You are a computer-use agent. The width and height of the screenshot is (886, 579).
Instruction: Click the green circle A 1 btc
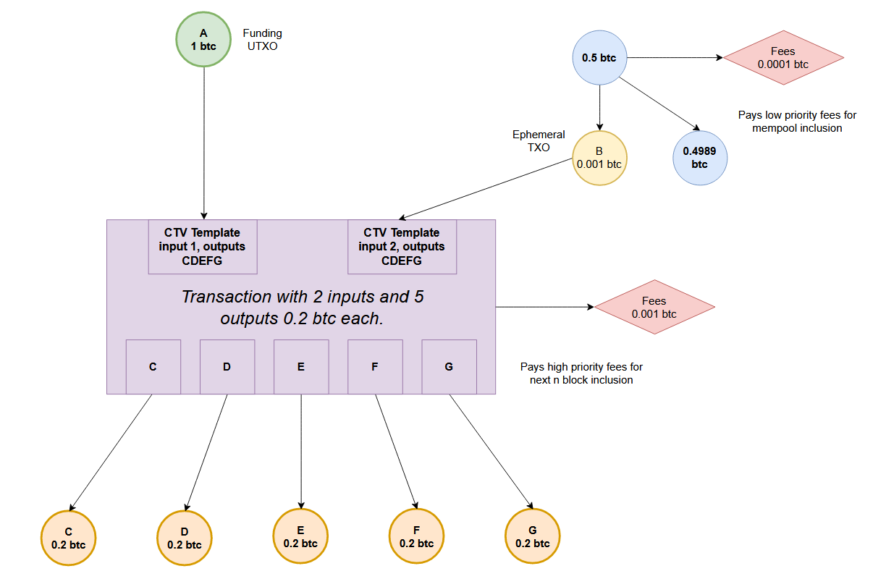point(203,39)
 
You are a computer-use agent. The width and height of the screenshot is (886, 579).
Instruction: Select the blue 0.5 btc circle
point(599,57)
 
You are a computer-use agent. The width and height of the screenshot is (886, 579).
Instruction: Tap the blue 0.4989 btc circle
point(699,158)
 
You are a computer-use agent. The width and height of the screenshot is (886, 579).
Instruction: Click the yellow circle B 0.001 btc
point(599,158)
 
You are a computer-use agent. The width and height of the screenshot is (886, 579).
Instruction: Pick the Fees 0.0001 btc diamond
point(783,58)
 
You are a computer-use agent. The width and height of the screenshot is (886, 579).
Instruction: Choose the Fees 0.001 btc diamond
point(654,307)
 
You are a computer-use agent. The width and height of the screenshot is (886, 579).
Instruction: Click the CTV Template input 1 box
point(203,247)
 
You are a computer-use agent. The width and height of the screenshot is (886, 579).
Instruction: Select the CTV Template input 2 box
point(402,247)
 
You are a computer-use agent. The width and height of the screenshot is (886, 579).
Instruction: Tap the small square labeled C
point(153,367)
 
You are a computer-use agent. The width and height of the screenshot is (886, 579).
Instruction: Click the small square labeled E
point(301,367)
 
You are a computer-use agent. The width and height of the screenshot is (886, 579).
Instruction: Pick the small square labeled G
point(449,367)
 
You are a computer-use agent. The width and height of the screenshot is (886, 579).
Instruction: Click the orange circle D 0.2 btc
point(185,538)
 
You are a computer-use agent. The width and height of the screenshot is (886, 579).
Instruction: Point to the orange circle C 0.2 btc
point(69,538)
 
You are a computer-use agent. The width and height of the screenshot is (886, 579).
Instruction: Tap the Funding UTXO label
point(262,39)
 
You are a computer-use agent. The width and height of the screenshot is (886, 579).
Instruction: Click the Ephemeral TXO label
point(539,140)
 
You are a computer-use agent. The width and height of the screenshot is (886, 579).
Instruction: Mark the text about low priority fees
point(797,121)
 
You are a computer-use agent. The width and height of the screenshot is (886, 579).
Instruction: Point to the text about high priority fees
point(581,373)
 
